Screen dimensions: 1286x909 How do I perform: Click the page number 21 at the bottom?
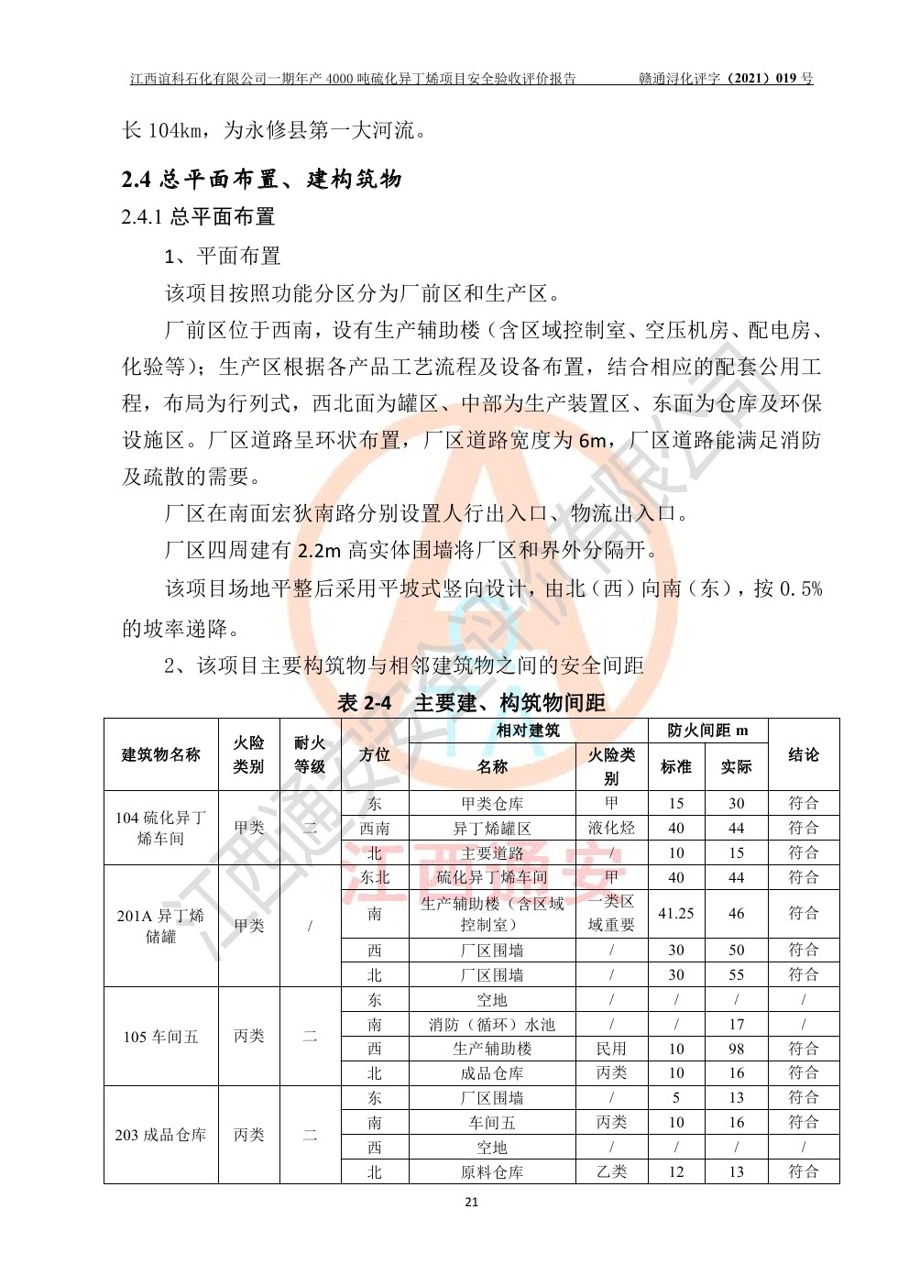coord(472,1202)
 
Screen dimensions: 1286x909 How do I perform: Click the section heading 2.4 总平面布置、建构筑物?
coord(261,179)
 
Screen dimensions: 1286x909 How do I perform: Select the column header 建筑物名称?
coord(161,755)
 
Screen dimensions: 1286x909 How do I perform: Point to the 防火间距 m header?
coord(707,731)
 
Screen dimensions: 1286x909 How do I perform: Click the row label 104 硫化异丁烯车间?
coord(161,828)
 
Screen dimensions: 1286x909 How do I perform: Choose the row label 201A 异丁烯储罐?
coord(161,926)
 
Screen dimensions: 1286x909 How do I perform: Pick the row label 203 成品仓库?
coord(161,1135)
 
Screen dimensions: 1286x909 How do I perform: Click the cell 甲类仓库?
coord(492,804)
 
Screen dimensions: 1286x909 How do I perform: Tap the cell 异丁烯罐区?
coord(492,829)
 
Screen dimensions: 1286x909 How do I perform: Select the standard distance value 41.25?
coord(676,914)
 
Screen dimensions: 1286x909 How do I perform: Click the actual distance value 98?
coord(737,1049)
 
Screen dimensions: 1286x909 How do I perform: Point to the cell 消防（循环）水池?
coord(492,1025)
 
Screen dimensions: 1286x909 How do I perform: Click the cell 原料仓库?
coord(492,1171)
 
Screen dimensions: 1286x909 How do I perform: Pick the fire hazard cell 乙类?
coord(611,1171)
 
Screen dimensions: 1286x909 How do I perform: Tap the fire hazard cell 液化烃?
coord(611,829)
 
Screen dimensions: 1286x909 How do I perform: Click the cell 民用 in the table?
coord(611,1049)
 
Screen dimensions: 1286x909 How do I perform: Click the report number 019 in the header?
coord(787,79)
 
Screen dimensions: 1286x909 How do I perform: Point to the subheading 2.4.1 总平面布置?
coord(198,217)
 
